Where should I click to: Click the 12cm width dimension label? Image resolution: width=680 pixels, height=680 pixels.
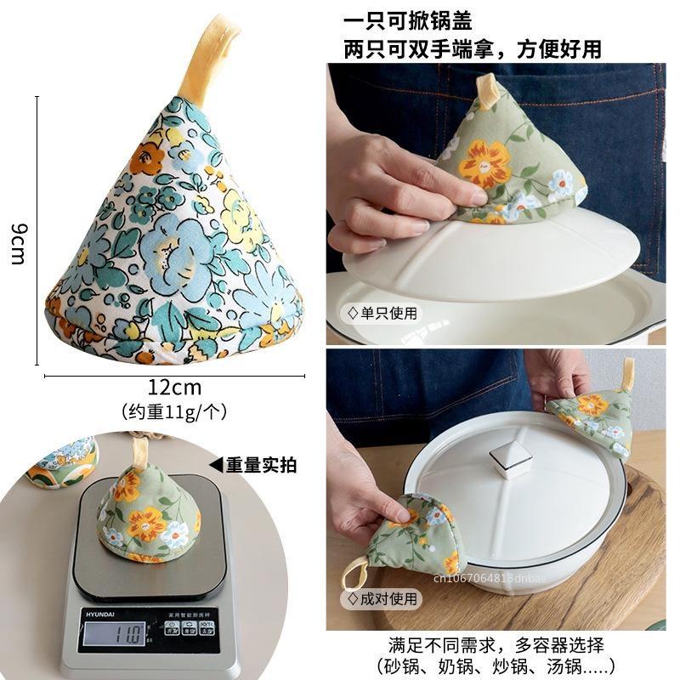(x=174, y=388)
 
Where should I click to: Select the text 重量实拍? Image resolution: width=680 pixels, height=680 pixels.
(x=261, y=464)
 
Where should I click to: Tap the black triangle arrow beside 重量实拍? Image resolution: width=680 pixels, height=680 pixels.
(x=216, y=464)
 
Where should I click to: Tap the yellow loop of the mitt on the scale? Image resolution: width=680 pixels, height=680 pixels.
(x=141, y=450)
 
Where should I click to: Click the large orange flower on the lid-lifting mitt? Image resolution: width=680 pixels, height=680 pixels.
(x=485, y=163)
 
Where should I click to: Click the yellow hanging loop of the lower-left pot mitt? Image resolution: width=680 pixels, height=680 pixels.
(x=355, y=573)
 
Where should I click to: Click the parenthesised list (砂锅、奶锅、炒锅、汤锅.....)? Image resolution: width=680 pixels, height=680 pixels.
(x=496, y=666)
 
